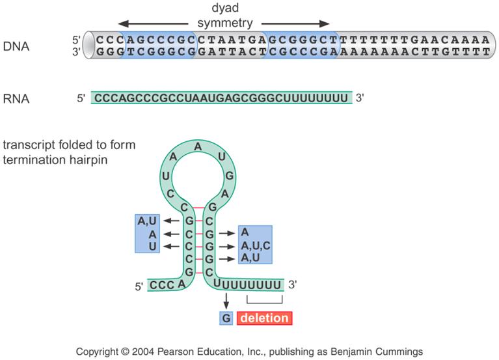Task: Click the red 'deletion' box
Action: [265, 318]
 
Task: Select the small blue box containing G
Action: [226, 318]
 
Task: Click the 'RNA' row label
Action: [16, 99]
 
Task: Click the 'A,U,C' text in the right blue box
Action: [254, 245]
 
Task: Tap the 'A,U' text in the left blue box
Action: [145, 221]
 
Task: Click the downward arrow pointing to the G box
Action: [226, 302]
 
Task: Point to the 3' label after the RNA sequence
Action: [360, 98]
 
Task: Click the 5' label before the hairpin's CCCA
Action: [138, 285]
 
